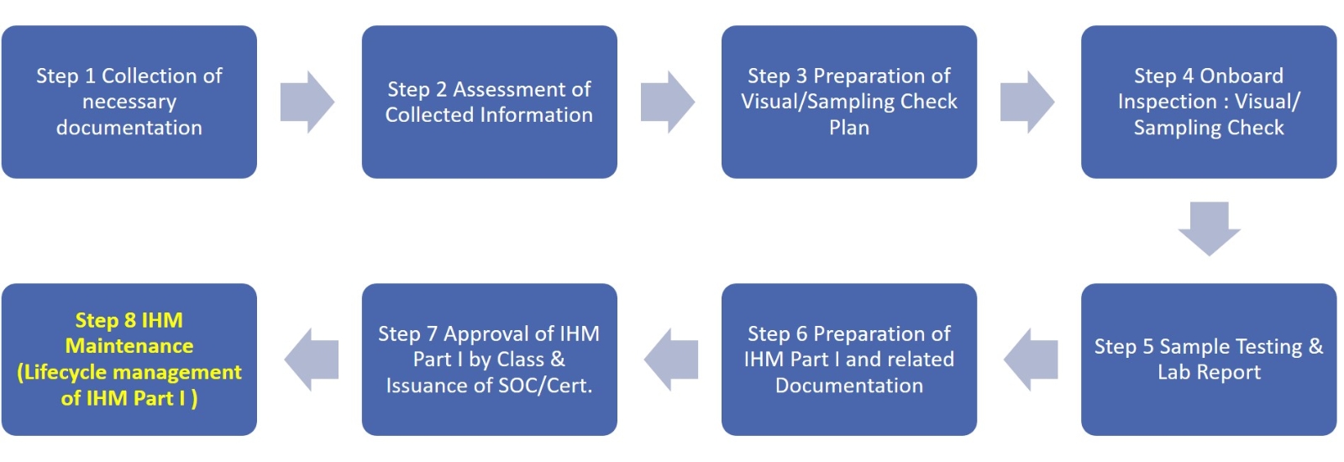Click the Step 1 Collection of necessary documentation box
129,102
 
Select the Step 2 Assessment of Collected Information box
489,102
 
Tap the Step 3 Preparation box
849,102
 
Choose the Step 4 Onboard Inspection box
1209,102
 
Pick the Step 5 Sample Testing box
1209,360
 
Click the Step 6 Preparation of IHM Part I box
849,360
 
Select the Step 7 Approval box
489,360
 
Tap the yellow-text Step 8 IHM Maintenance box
129,360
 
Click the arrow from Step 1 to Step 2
307,102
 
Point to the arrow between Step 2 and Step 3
668,102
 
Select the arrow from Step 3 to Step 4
1027,102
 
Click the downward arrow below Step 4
1209,228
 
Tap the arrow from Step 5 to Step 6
1031,360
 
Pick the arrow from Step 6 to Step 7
671,360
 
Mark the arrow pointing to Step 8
312,360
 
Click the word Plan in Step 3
849,127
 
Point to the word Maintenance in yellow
129,346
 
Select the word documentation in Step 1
129,127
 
